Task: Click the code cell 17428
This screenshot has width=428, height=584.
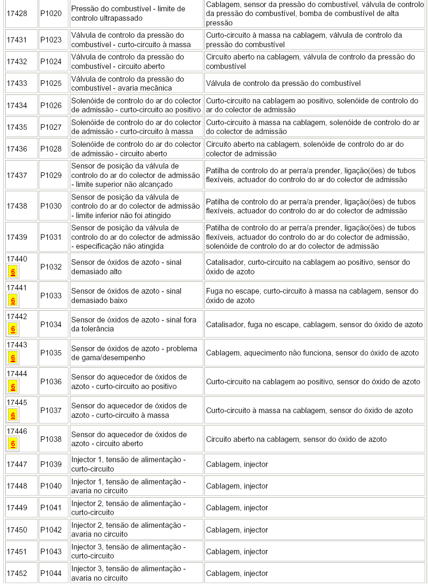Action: click(17, 13)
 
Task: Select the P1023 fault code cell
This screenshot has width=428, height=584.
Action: click(51, 40)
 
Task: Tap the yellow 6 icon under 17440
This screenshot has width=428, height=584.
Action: click(13, 272)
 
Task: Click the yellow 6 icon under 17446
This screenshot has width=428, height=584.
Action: click(13, 444)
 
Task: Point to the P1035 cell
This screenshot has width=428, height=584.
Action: click(51, 353)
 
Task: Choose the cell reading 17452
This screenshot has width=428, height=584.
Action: click(17, 573)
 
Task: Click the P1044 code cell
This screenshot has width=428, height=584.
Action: click(51, 573)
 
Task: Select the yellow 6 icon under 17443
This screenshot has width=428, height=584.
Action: click(13, 358)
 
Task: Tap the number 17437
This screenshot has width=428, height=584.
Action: click(17, 175)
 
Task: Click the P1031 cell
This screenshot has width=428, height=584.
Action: click(51, 237)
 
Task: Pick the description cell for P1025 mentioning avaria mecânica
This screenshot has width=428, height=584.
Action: click(136, 84)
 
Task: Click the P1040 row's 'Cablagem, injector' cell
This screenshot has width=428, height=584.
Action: click(314, 486)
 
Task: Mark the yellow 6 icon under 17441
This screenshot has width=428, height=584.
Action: click(13, 301)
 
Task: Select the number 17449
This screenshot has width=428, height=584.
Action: click(17, 508)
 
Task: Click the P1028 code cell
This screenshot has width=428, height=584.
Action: click(51, 149)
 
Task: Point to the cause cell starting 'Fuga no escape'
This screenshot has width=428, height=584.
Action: click(314, 296)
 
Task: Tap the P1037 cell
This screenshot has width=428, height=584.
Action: click(51, 410)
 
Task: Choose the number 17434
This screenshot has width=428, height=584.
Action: click(17, 105)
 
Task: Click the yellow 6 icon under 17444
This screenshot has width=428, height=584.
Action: click(13, 387)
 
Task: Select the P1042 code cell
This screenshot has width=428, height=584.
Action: click(51, 530)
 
